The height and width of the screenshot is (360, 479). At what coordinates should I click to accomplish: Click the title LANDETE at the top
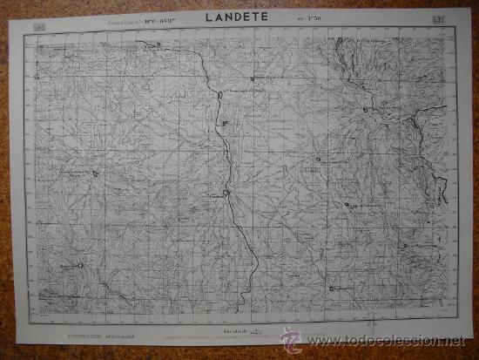click(x=237, y=16)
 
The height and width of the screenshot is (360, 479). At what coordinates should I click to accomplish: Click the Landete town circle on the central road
click(x=226, y=193)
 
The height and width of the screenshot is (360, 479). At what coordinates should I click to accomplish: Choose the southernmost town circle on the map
click(x=332, y=287)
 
